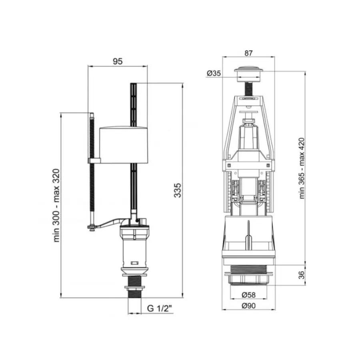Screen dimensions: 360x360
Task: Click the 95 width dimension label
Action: coord(118,61)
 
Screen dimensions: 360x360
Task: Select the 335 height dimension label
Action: coord(178,190)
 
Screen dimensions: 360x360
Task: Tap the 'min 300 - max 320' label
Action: coord(56,206)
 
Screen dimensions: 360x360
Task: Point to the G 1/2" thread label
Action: coord(160,308)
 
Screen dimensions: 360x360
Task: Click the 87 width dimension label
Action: coord(248,53)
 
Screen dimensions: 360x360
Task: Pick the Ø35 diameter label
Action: coord(214,73)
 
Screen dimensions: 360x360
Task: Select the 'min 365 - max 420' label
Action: coord(302,168)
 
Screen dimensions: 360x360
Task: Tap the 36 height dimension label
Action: coord(302,275)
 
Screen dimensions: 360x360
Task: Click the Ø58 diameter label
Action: coord(248,294)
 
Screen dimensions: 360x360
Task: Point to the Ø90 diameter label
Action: coord(248,306)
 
